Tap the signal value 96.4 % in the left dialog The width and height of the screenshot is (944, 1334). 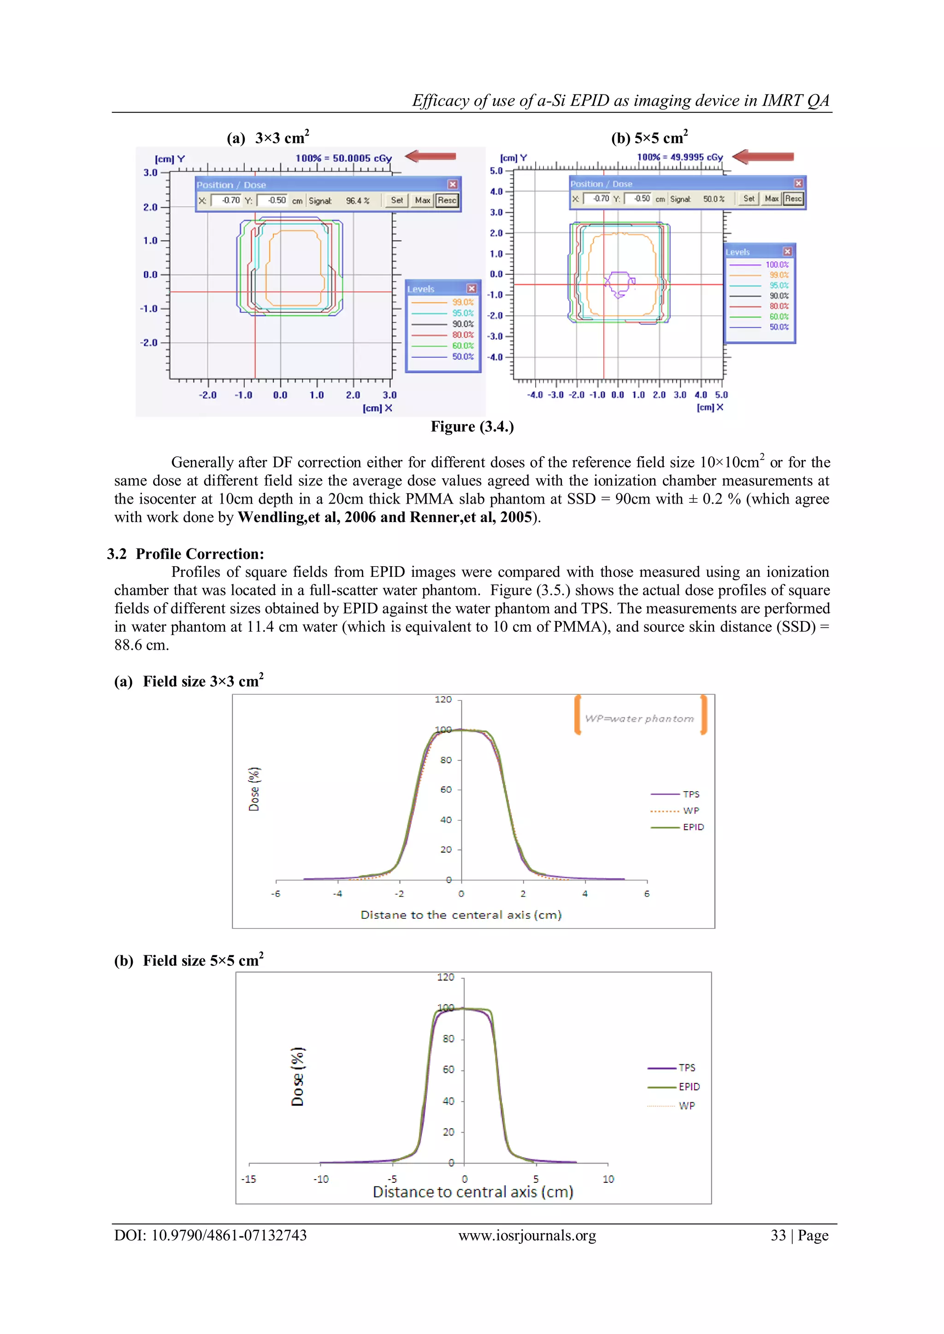pos(358,201)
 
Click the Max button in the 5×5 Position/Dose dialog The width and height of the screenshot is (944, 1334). pos(771,199)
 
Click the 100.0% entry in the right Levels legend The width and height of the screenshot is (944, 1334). pos(777,265)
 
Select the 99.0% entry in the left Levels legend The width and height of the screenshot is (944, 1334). pos(463,303)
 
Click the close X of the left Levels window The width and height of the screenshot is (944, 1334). pos(472,289)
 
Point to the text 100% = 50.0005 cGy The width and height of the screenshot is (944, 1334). pos(343,158)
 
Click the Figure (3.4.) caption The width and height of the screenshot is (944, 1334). pos(472,426)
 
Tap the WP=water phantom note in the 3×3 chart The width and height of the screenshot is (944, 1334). pos(639,719)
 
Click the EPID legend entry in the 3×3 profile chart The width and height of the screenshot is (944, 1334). pos(693,827)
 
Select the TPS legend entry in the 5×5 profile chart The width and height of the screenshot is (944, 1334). pos(686,1067)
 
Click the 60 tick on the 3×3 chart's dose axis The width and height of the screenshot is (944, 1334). pos(446,790)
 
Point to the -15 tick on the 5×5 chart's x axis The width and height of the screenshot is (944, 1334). pos(249,1179)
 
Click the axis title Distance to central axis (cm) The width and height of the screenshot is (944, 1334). pos(472,1192)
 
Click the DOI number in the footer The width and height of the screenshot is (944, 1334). pos(229,1235)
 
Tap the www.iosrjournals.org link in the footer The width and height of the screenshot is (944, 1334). pos(527,1235)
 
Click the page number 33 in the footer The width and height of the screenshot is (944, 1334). pos(779,1235)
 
